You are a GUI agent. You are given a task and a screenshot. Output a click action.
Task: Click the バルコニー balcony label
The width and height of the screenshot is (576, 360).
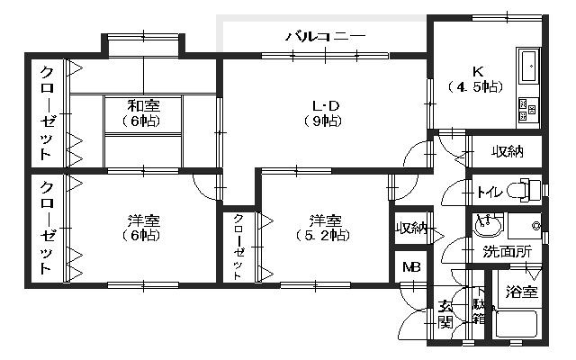tap(326, 37)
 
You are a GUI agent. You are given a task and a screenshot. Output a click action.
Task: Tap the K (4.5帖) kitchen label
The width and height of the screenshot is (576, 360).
tap(474, 79)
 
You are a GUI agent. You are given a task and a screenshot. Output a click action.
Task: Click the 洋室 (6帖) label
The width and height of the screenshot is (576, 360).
tap(143, 228)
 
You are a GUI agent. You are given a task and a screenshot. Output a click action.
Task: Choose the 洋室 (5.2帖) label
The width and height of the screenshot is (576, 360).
tap(321, 228)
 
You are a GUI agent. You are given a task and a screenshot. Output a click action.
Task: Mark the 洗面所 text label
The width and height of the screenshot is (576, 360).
tap(506, 251)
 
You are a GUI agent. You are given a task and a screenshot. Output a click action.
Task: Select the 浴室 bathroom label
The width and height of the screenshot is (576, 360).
tap(521, 292)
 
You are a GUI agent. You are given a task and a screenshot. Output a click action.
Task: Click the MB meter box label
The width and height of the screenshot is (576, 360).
tap(411, 267)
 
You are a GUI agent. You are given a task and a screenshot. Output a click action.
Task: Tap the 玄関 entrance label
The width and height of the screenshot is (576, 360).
tap(445, 313)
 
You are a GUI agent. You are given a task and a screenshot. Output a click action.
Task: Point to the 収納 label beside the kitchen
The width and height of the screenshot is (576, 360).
tap(507, 151)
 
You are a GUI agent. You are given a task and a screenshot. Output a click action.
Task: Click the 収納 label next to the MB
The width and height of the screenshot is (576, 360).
tap(412, 229)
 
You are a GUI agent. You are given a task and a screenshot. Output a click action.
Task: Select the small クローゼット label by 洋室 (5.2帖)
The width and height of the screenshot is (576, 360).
tap(238, 247)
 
